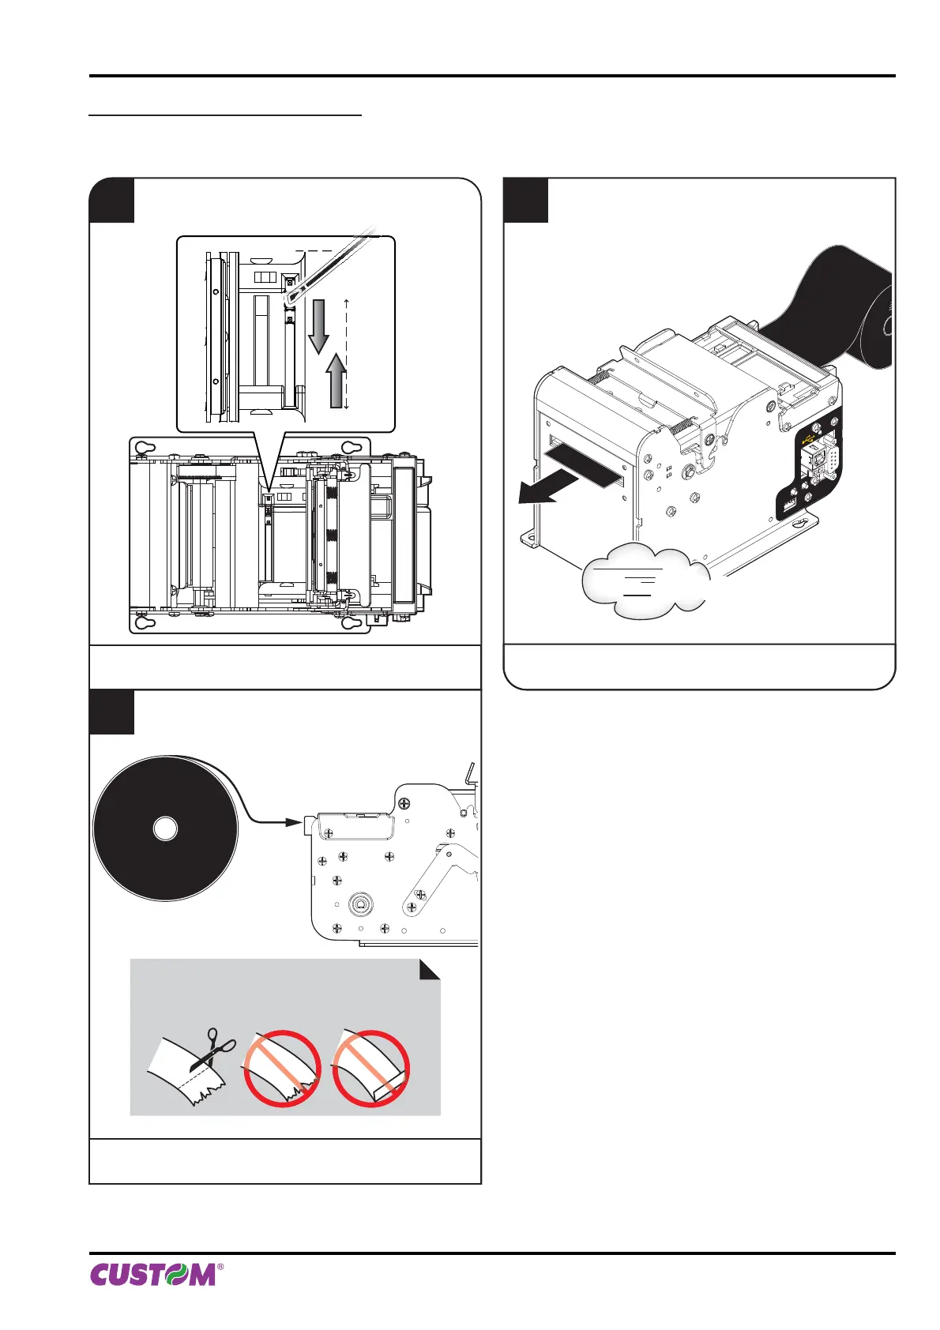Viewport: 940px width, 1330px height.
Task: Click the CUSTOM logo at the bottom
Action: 152,1274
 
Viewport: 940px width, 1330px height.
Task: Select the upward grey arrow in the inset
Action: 337,378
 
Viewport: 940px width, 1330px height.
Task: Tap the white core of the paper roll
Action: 165,829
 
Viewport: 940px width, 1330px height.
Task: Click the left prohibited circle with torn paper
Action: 282,1069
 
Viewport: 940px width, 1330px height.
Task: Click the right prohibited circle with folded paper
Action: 371,1069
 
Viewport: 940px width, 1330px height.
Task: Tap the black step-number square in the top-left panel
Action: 111,201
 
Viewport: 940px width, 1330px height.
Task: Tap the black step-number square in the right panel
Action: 526,201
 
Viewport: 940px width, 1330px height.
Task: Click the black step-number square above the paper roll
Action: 111,712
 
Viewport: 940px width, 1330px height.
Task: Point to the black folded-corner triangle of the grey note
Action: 430,970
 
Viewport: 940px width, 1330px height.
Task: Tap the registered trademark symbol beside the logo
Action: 220,1266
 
